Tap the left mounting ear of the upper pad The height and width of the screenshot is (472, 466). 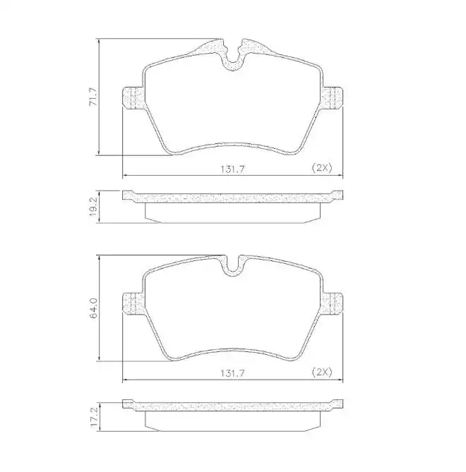point(132,98)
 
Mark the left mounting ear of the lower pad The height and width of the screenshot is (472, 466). point(132,303)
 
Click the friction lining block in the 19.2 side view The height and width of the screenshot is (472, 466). point(232,212)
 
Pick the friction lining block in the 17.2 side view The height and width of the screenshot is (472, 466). point(232,421)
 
